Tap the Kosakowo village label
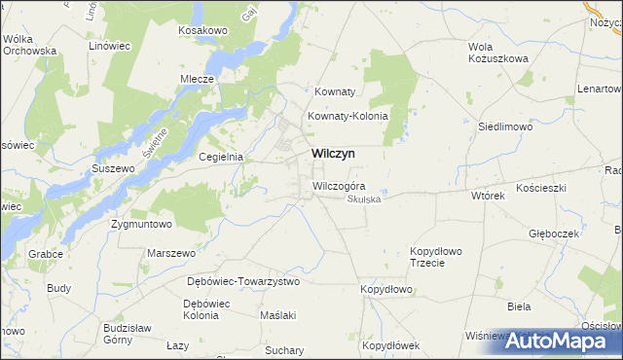[x=202, y=31]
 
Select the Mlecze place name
[x=197, y=79]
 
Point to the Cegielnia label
[x=220, y=157]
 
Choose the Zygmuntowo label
[x=141, y=224]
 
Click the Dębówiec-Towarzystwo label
[x=243, y=281]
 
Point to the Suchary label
[x=284, y=348]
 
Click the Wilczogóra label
[x=339, y=186]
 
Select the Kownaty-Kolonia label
[x=348, y=116]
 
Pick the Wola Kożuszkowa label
[x=497, y=53]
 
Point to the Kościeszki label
[x=541, y=186]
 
